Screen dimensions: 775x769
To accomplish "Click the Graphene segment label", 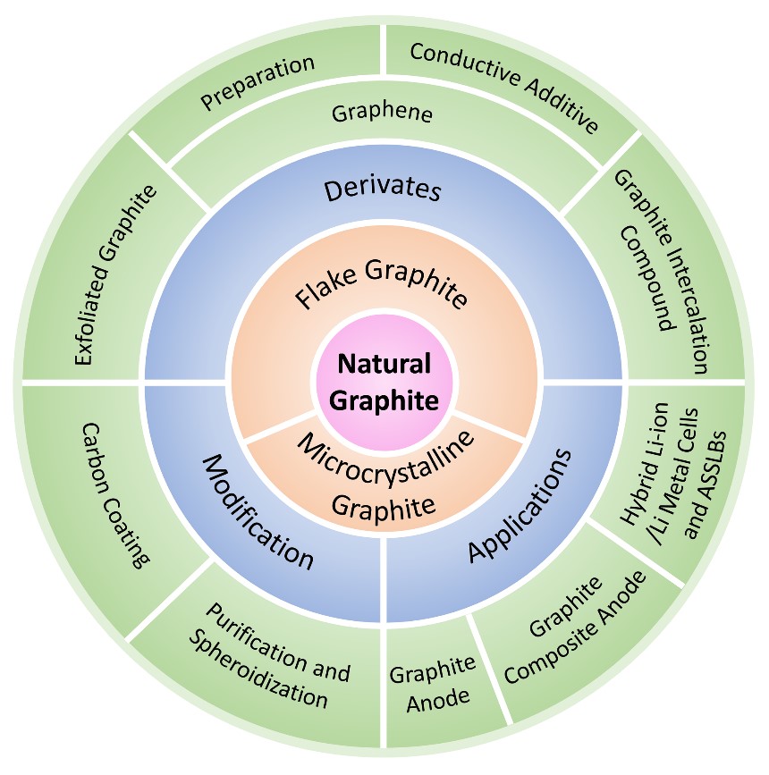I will point(382,114).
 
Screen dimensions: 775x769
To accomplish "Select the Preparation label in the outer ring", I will point(258,83).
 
